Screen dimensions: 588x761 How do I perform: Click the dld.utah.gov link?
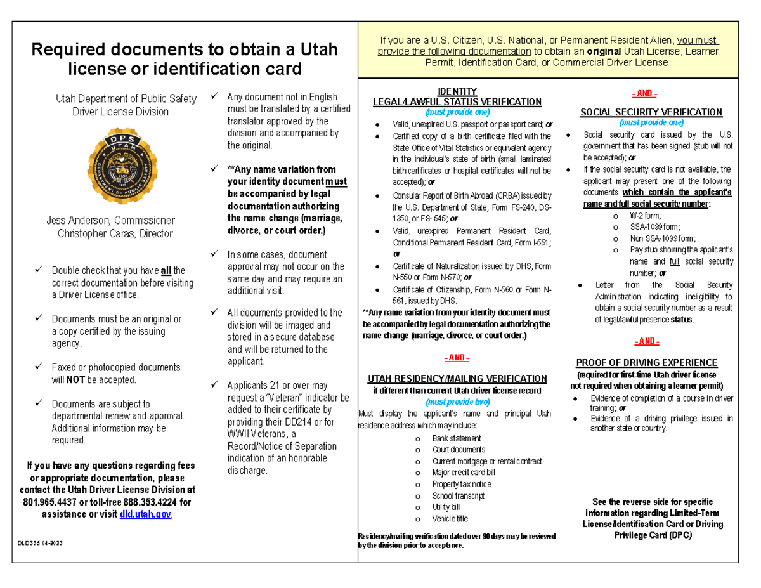(x=145, y=514)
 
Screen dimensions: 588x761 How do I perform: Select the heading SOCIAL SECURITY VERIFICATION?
(x=651, y=112)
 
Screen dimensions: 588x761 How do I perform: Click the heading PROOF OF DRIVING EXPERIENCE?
(x=646, y=363)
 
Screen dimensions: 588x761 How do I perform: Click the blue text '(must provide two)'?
(x=457, y=402)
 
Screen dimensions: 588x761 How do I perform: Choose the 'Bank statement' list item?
(x=457, y=438)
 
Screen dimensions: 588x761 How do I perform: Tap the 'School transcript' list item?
(x=459, y=495)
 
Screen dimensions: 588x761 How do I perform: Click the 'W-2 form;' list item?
(x=646, y=215)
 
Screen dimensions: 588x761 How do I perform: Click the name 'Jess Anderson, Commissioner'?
(x=110, y=221)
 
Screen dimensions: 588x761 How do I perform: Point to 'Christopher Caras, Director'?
(x=115, y=233)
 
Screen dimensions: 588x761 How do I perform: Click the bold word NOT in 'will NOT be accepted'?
(x=75, y=379)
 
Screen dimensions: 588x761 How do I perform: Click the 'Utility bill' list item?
(x=446, y=507)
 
